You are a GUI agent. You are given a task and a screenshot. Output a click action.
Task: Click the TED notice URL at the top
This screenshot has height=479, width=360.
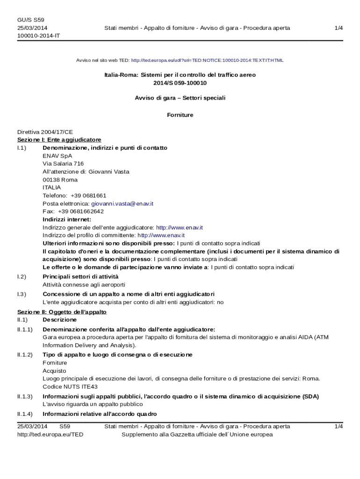(x=207, y=60)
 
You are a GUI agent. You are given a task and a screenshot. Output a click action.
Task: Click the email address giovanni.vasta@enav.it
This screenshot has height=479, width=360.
(x=122, y=203)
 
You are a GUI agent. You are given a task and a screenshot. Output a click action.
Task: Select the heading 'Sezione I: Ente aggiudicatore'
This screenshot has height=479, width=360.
(x=59, y=140)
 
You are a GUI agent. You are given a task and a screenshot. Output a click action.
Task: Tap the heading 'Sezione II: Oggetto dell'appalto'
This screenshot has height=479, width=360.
(x=62, y=312)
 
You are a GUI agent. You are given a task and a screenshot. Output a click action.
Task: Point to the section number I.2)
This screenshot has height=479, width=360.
(x=22, y=276)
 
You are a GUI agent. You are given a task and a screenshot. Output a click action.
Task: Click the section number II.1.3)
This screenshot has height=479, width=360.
(x=25, y=396)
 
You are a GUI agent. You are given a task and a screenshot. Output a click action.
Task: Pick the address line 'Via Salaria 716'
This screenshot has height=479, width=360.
(x=63, y=164)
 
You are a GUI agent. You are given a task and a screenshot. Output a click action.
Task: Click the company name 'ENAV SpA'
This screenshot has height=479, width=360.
(x=58, y=156)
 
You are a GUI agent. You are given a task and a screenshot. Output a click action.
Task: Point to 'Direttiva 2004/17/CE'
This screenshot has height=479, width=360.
(x=45, y=132)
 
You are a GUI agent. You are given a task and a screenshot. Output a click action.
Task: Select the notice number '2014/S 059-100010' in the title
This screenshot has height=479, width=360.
(x=180, y=83)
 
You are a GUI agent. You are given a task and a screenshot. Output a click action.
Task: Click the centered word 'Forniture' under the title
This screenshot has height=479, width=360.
(x=180, y=115)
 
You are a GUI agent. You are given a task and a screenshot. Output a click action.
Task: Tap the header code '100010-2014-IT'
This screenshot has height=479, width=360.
(x=38, y=36)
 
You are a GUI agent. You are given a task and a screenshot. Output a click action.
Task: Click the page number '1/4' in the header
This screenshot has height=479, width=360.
(x=339, y=28)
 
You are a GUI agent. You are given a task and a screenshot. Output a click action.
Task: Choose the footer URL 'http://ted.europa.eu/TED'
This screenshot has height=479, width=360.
(x=50, y=435)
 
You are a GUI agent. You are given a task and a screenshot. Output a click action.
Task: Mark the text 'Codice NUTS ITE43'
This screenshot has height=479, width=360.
(x=70, y=386)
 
